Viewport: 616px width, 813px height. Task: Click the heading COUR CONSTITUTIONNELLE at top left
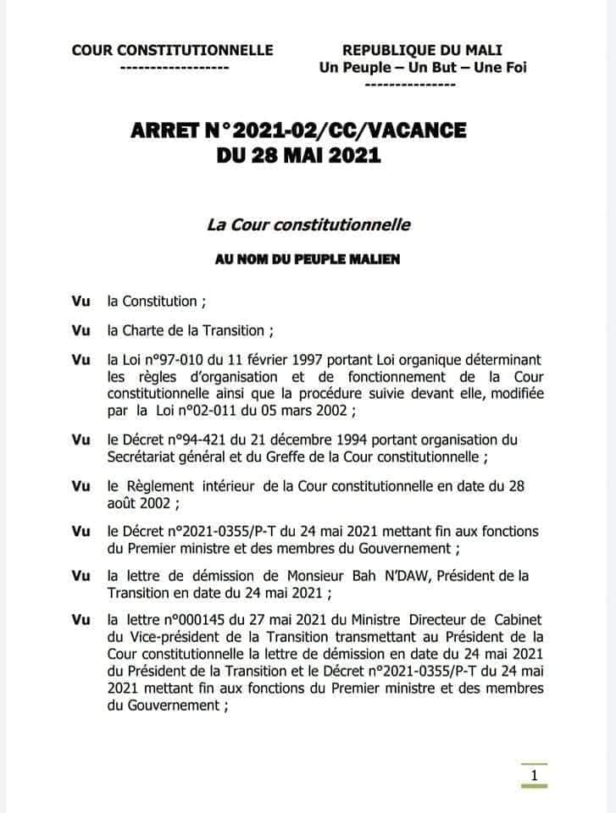tap(173, 51)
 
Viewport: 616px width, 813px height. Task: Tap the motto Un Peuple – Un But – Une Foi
tap(422, 68)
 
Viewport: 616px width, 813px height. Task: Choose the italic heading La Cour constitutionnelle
tap(308, 225)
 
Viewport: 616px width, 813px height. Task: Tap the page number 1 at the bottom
tap(534, 775)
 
